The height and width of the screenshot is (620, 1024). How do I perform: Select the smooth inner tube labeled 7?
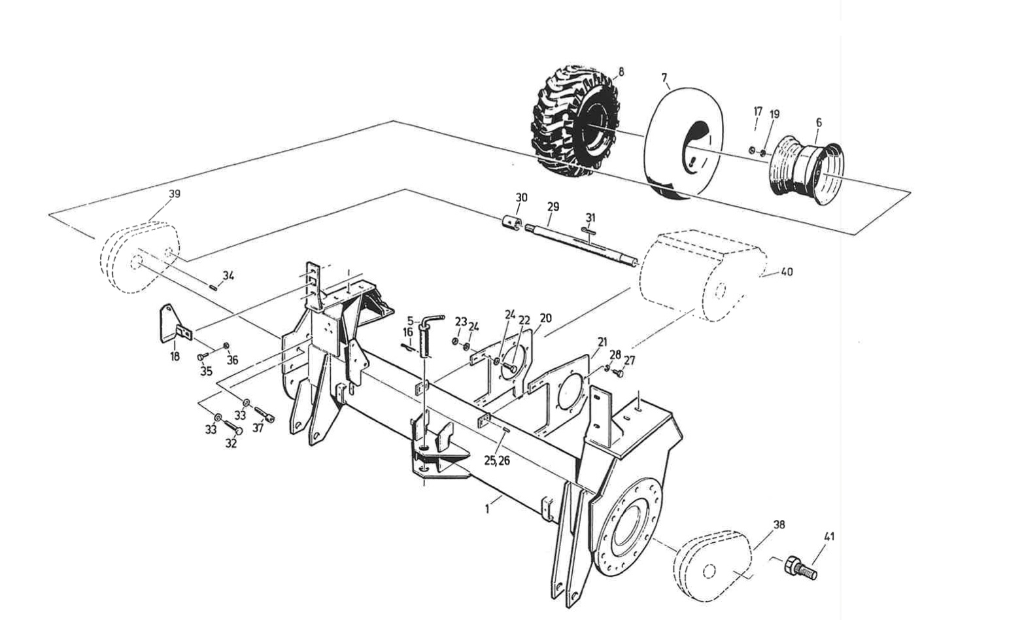tap(680, 144)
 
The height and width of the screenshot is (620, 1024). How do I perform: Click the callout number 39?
tap(175, 194)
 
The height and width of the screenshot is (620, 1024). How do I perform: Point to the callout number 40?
tap(787, 271)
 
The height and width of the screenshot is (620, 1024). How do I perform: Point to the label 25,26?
tap(497, 460)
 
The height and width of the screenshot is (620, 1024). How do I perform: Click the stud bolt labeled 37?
tap(264, 415)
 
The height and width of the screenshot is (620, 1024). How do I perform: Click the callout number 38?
tap(779, 525)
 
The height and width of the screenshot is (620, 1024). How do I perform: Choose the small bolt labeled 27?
tap(619, 373)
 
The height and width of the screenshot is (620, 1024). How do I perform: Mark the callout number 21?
tap(602, 342)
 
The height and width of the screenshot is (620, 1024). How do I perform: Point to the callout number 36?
tap(232, 360)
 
